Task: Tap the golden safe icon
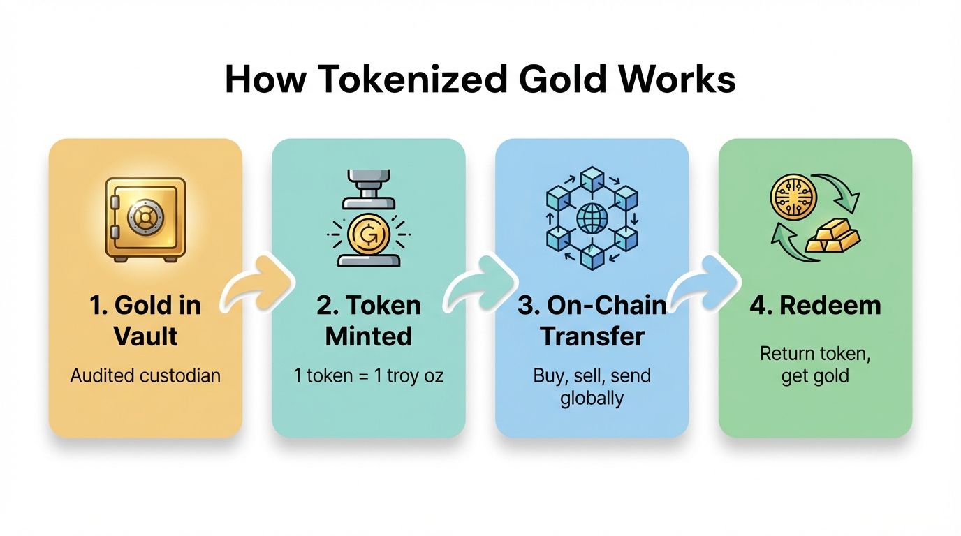(x=145, y=218)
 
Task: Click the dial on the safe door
(x=143, y=218)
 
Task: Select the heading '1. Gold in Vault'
(x=145, y=320)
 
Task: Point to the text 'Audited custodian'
(x=145, y=375)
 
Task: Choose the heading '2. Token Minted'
(x=369, y=320)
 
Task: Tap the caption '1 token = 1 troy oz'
(x=369, y=375)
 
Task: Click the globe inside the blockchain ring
(x=592, y=218)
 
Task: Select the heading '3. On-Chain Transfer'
(x=592, y=320)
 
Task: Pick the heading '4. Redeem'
(x=815, y=306)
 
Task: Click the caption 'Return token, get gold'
(x=815, y=364)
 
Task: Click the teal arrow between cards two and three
(x=481, y=287)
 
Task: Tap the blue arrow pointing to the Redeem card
(x=704, y=287)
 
